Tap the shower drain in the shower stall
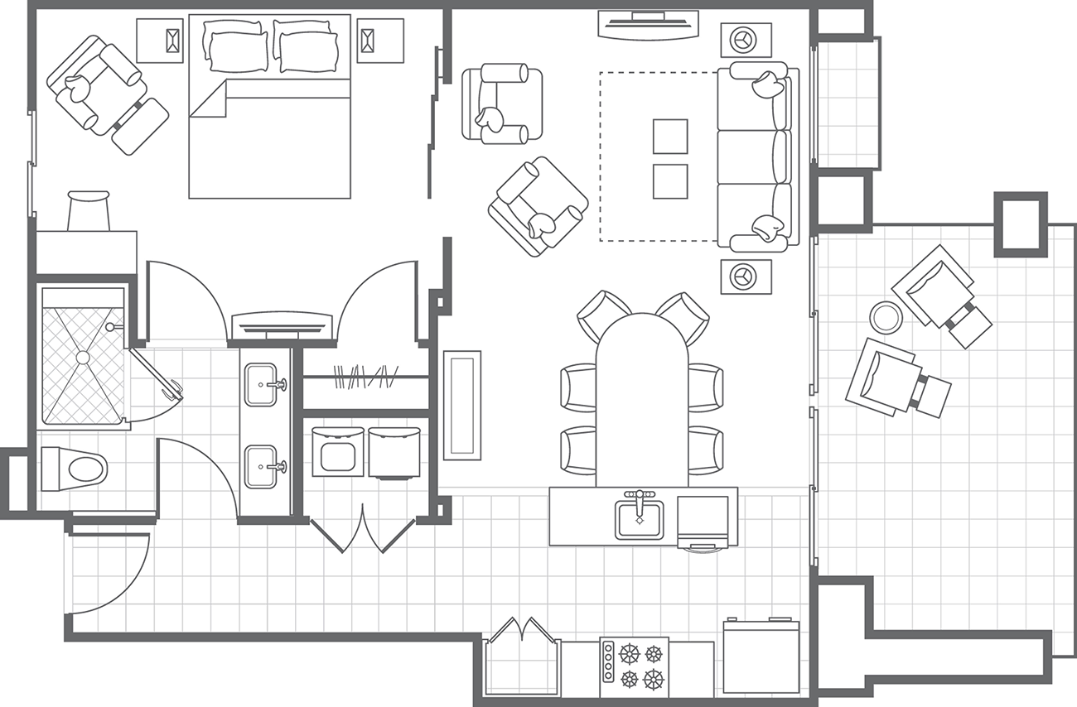[x=82, y=357]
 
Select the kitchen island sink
[x=639, y=519]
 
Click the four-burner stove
[x=635, y=666]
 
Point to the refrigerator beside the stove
[x=761, y=657]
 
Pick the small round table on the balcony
[x=885, y=316]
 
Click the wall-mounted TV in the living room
[x=648, y=25]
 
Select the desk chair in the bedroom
[x=88, y=211]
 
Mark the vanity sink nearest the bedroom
[x=263, y=384]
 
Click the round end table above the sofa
[x=746, y=39]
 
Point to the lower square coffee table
[x=669, y=180]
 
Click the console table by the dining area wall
[x=461, y=405]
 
